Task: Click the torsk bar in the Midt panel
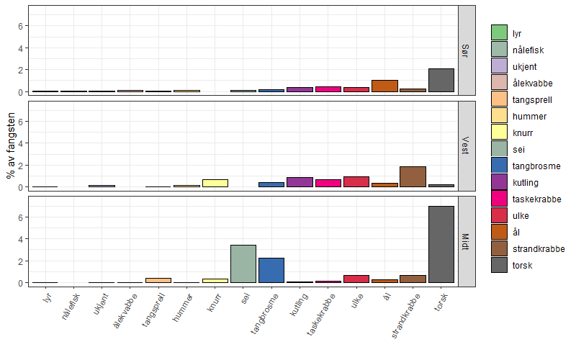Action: [x=441, y=245]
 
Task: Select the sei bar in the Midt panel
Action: [x=243, y=264]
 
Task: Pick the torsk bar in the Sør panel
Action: [x=441, y=81]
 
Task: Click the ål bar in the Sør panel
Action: [x=384, y=86]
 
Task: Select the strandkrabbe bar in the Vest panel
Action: [x=413, y=177]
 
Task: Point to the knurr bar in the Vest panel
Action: [x=215, y=183]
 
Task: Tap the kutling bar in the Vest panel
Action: [x=300, y=182]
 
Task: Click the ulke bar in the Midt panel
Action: [x=356, y=279]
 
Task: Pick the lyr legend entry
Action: [x=517, y=33]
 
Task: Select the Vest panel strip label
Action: [x=466, y=145]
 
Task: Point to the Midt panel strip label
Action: [x=466, y=241]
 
